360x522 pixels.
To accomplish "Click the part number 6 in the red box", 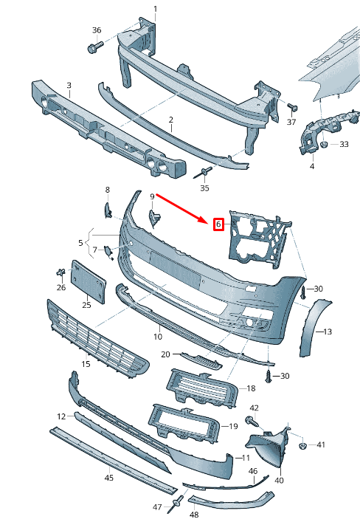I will tap(218, 224).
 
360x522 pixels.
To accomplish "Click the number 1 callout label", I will tap(155, 9).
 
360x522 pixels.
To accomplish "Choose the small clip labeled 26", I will tap(58, 273).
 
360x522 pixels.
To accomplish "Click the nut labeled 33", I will tap(324, 145).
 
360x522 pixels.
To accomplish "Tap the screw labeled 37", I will tap(290, 106).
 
